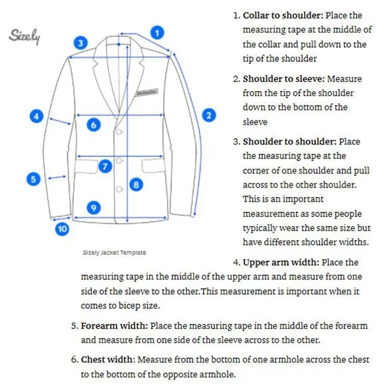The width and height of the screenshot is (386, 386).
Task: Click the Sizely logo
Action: pyautogui.click(x=25, y=37)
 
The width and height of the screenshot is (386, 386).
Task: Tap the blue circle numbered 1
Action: pyautogui.click(x=157, y=33)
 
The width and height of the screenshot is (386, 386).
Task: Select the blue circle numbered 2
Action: pyautogui.click(x=209, y=115)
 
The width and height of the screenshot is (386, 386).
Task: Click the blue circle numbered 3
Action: pyautogui.click(x=81, y=43)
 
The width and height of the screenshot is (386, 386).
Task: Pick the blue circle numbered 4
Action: pyautogui.click(x=37, y=116)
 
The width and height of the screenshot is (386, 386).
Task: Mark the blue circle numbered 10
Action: pyautogui.click(x=62, y=229)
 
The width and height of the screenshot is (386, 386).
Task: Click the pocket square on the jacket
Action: pyautogui.click(x=146, y=93)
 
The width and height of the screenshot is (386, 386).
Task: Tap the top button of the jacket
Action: pyautogui.click(x=119, y=132)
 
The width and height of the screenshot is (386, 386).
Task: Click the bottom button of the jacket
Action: pyautogui.click(x=119, y=189)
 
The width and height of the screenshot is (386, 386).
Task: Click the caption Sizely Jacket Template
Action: pyautogui.click(x=114, y=253)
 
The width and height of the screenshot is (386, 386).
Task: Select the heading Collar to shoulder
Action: pyautogui.click(x=283, y=15)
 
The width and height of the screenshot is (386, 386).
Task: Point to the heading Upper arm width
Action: pyautogui.click(x=281, y=262)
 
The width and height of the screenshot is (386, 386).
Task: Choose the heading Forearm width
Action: pyautogui.click(x=114, y=325)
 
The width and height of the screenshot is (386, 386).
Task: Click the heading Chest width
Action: pyautogui.click(x=108, y=359)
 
